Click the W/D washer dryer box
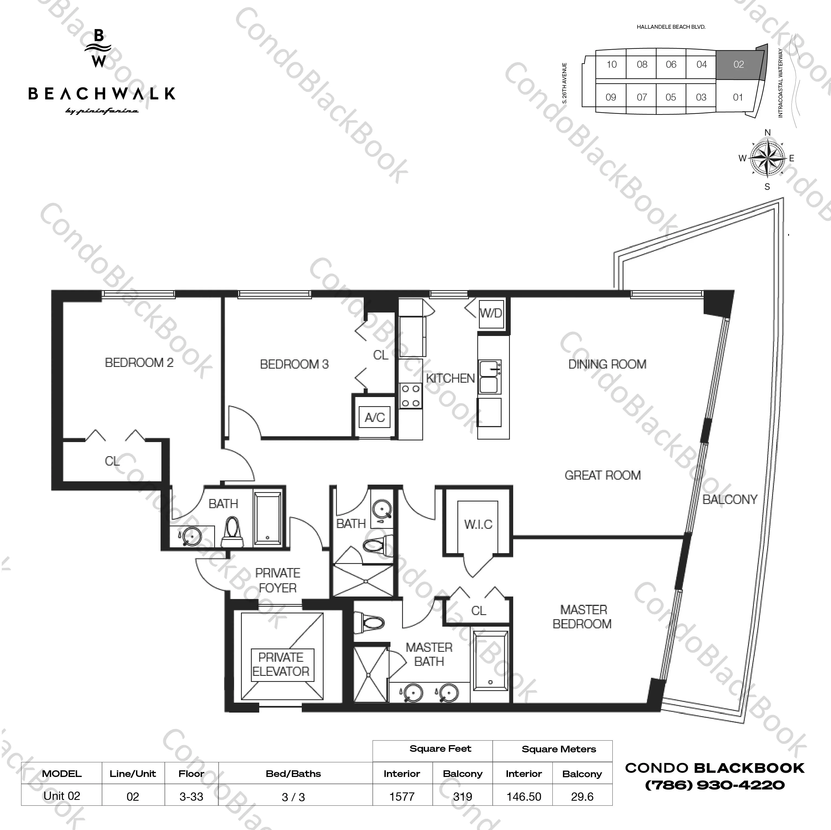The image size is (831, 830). pyautogui.click(x=491, y=313)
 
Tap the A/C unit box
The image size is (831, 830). pyautogui.click(x=375, y=417)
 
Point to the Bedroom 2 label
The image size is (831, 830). pyautogui.click(x=139, y=363)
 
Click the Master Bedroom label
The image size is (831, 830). pyautogui.click(x=583, y=617)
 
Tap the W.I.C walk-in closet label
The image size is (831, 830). pyautogui.click(x=478, y=524)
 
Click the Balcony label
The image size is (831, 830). pyautogui.click(x=730, y=499)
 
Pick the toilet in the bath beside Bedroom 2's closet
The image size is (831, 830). pyautogui.click(x=232, y=532)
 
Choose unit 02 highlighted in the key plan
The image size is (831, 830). pyautogui.click(x=738, y=64)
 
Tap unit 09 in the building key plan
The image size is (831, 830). pyautogui.click(x=610, y=97)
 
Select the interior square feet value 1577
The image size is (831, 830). pyautogui.click(x=402, y=797)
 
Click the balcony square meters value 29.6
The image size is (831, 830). pyautogui.click(x=582, y=797)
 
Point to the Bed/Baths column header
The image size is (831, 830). pyautogui.click(x=293, y=774)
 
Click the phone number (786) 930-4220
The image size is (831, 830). pyautogui.click(x=715, y=785)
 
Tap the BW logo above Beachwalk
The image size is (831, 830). pyautogui.click(x=99, y=49)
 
